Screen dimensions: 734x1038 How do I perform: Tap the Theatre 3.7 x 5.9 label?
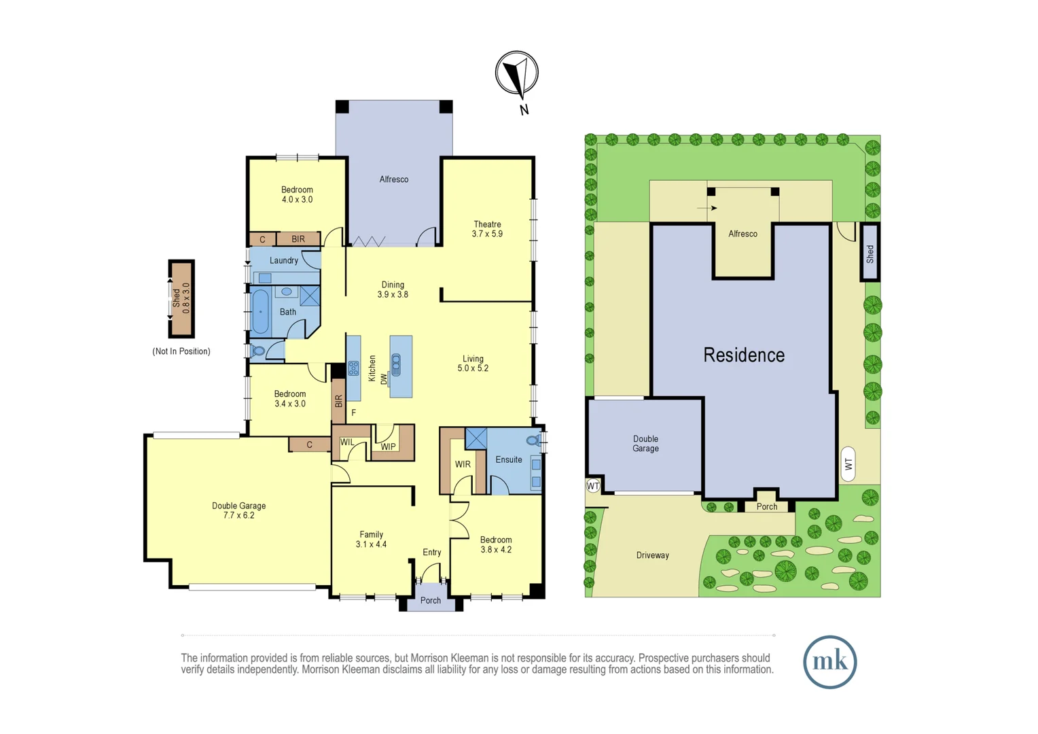click(x=487, y=229)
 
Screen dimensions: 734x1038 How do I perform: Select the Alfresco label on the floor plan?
click(x=394, y=179)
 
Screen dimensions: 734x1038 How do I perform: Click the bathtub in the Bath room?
click(x=261, y=312)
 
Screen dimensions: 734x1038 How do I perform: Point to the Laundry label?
click(x=283, y=260)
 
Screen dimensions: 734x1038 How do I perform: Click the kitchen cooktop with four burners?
click(x=353, y=368)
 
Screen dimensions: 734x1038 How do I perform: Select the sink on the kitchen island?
click(x=396, y=365)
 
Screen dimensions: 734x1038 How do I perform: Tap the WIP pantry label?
click(x=388, y=447)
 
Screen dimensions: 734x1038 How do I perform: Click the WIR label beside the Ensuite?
click(x=463, y=464)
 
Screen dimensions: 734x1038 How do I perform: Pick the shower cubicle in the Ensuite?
click(x=476, y=438)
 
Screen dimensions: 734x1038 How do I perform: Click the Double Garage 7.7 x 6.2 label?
click(x=238, y=510)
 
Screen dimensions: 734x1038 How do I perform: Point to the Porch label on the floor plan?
click(x=431, y=601)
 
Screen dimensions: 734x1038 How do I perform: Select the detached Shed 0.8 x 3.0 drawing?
click(x=181, y=299)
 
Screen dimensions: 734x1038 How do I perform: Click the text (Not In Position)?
click(x=181, y=351)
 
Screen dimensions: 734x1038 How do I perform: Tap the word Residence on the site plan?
click(x=744, y=355)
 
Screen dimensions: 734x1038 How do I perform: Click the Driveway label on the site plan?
click(x=653, y=555)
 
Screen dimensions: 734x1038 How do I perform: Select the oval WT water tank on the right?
click(x=848, y=464)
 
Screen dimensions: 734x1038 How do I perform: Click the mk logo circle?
click(x=829, y=662)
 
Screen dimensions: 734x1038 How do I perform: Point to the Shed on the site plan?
click(x=870, y=253)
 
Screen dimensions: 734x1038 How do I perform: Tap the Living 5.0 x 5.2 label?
click(x=473, y=364)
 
